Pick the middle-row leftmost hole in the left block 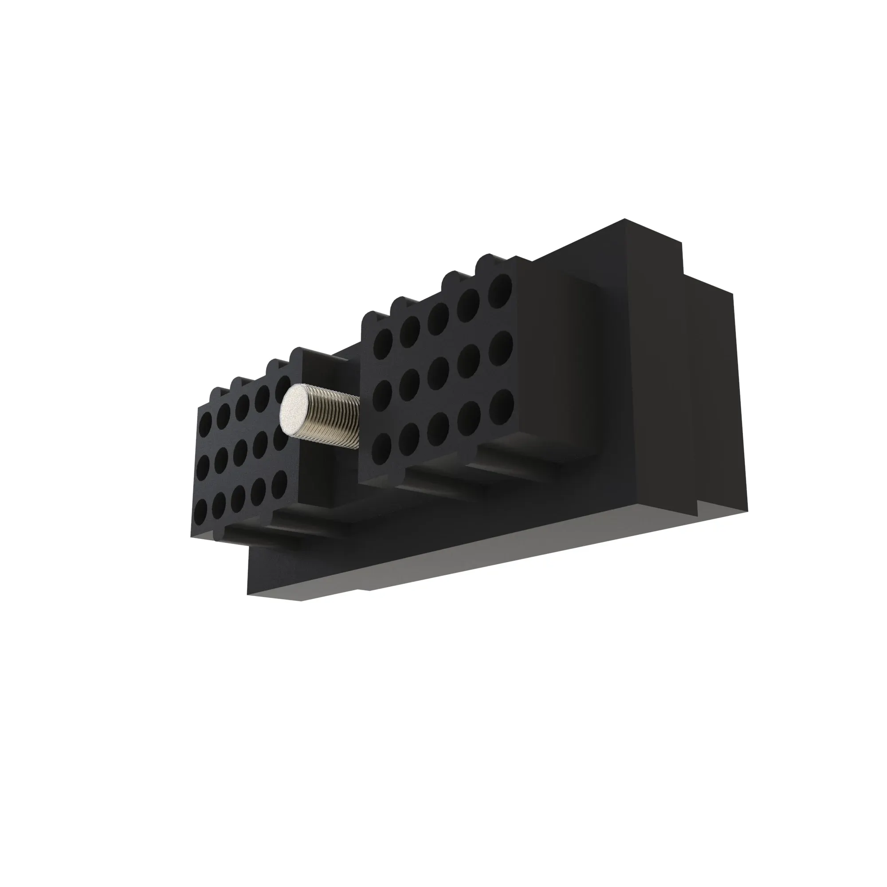coord(205,468)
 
